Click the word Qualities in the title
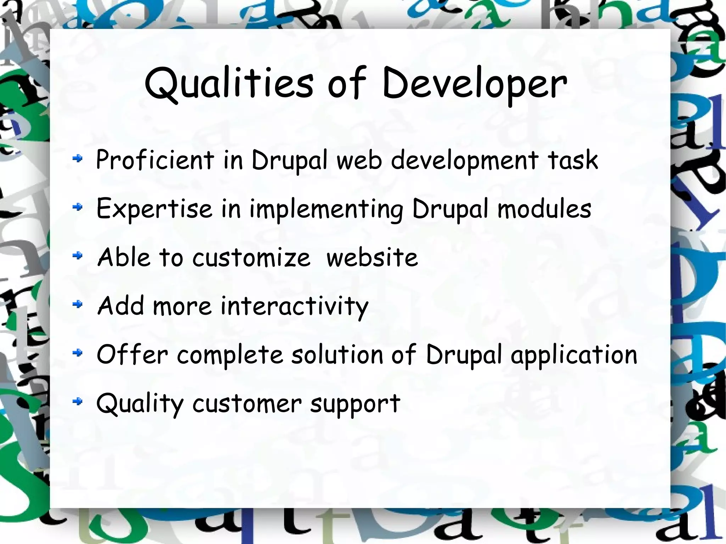(x=229, y=84)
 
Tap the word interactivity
(x=294, y=306)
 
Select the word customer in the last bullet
(x=247, y=403)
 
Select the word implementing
(x=326, y=209)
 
